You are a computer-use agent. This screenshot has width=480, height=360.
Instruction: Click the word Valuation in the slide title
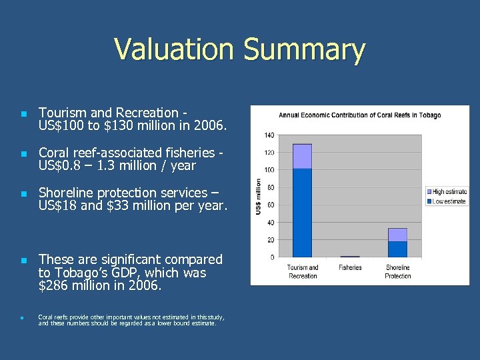(174, 50)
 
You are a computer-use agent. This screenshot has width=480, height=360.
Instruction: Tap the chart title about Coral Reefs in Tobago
(359, 115)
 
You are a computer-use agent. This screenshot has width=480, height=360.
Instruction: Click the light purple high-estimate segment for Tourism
(302, 156)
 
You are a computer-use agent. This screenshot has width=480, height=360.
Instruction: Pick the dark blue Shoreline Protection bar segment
(397, 249)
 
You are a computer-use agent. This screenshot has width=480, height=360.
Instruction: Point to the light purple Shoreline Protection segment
(397, 235)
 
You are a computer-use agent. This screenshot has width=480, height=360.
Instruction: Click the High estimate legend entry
(448, 192)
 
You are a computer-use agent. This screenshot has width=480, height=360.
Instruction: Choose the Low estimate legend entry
(448, 201)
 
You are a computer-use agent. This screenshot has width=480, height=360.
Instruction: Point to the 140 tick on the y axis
(269, 135)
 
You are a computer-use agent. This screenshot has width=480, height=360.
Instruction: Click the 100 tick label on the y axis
(269, 170)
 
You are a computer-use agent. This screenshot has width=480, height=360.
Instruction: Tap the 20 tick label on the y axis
(271, 240)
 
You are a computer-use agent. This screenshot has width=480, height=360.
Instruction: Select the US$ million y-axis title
(258, 196)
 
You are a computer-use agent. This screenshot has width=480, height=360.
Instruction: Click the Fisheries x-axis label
(350, 268)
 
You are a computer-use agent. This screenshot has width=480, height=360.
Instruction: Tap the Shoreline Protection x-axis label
(397, 272)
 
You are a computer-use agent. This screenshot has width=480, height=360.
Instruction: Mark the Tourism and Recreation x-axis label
(302, 272)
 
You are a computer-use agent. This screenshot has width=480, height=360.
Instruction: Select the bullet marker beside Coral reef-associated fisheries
(22, 154)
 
